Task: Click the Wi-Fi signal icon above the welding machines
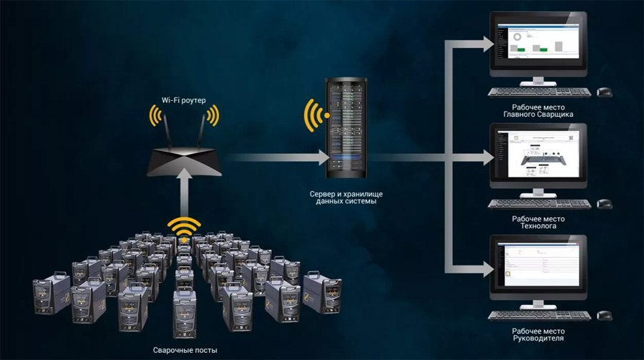point(184,228)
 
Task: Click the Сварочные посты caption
point(185,350)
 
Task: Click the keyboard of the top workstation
point(540,92)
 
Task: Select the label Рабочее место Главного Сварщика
point(539,110)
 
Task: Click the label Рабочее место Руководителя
point(539,334)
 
